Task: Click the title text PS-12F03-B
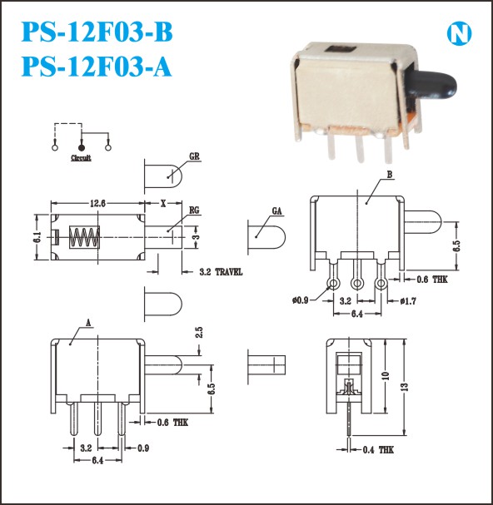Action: click(97, 32)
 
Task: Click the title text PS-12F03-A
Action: click(96, 67)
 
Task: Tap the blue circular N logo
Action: click(459, 33)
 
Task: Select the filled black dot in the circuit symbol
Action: click(82, 148)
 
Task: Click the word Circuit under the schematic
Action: click(81, 158)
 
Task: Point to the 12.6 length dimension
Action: click(97, 203)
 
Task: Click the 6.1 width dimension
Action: click(38, 237)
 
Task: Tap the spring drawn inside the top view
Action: click(84, 237)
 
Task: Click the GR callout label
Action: click(194, 156)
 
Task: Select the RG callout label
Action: click(194, 210)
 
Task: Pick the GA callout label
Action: click(276, 211)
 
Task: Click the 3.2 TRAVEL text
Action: click(221, 272)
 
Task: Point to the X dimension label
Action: click(163, 204)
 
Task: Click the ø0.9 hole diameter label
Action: click(300, 300)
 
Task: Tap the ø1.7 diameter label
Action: click(408, 301)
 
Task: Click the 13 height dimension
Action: click(406, 387)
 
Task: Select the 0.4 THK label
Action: click(378, 449)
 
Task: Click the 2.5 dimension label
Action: click(199, 333)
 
